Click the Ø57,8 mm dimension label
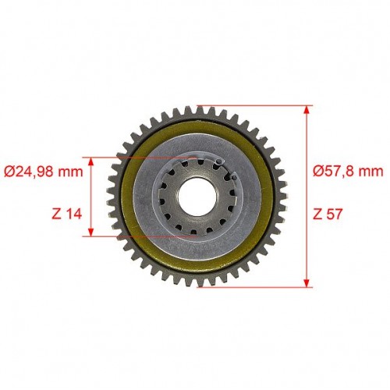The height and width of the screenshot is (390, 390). (348, 172)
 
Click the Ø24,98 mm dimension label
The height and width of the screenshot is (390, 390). (44, 172)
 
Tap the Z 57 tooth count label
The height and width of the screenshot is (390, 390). (328, 214)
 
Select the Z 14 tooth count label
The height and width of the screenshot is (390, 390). (67, 214)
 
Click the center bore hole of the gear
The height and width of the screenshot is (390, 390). (197, 197)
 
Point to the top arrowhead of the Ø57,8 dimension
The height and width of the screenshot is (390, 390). (307, 110)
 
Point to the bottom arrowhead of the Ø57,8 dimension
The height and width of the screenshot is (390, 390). (307, 283)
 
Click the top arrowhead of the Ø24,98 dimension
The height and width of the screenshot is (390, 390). (90, 161)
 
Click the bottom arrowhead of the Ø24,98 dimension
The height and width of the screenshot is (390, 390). (90, 232)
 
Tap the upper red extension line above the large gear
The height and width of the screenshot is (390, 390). (255, 106)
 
